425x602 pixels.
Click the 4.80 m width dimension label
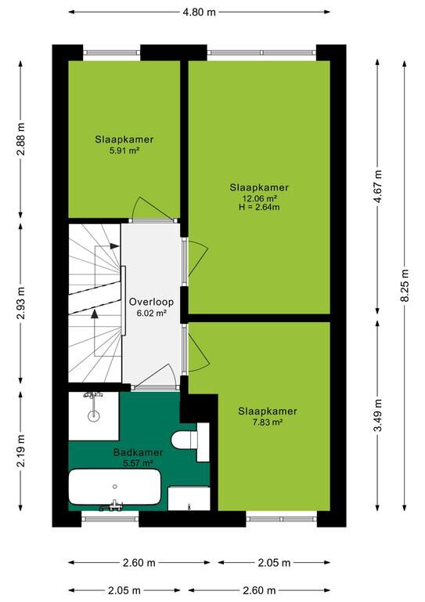point(199,12)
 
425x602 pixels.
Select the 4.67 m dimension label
point(378,186)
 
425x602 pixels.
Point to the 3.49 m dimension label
point(378,415)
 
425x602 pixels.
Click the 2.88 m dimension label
point(20,139)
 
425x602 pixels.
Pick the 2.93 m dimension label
point(20,303)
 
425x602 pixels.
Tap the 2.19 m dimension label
point(20,451)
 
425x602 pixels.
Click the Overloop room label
point(151,302)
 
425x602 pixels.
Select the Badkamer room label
point(138,452)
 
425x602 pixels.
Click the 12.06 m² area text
point(259,198)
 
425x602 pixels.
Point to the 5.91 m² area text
point(124,150)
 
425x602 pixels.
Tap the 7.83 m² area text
point(268,422)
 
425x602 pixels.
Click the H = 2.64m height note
point(259,207)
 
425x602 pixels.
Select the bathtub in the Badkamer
point(114,487)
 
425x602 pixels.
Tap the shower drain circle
point(93,415)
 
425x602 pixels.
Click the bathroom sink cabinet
point(189,499)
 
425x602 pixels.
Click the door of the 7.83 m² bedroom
point(196,348)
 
